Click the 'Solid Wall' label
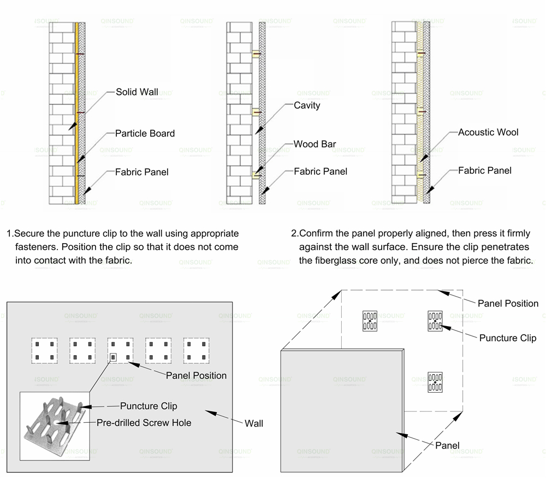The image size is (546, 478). pos(136,92)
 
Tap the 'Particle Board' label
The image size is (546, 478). pos(145,133)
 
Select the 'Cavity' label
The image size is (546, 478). pos(307,105)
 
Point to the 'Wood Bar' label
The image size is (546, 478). pos(314,144)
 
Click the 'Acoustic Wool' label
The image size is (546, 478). pos(488,132)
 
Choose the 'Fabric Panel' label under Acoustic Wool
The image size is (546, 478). pos(485,170)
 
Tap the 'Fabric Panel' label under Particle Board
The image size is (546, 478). pos(141,172)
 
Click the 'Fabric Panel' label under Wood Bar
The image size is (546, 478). pos(321,171)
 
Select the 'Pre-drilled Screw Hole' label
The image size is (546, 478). pos(144,422)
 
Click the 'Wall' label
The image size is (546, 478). pos(253,423)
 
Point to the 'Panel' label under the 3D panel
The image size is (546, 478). pos(447,445)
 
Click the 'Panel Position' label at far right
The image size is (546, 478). pos(508,303)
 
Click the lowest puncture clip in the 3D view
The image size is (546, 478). pos(435,382)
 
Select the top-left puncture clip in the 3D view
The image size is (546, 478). pos(370,321)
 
